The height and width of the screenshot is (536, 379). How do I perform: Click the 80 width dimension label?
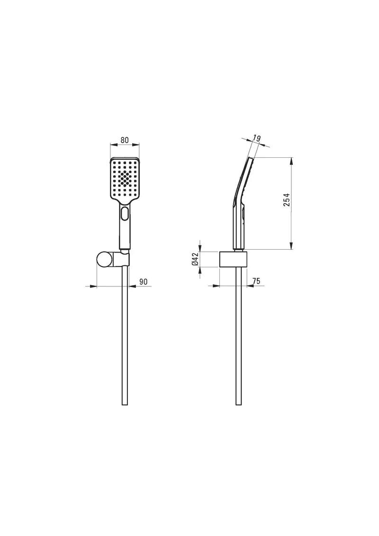click(125, 140)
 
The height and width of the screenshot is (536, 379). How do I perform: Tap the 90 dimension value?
click(144, 282)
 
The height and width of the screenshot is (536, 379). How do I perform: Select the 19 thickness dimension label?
click(257, 138)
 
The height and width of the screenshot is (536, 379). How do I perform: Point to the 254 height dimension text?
click(287, 200)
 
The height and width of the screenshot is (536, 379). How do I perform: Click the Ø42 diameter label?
click(196, 259)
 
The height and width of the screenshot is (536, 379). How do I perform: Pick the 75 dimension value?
click(256, 281)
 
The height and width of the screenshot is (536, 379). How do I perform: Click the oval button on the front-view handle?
click(125, 214)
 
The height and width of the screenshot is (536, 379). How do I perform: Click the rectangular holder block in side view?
click(233, 259)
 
